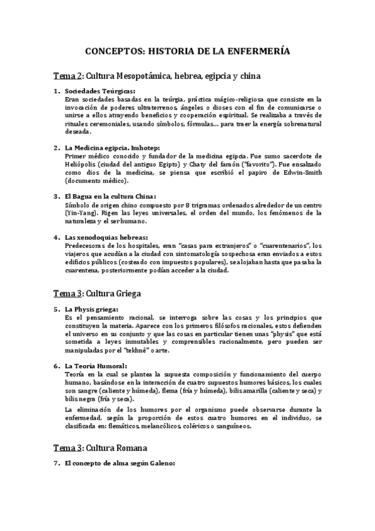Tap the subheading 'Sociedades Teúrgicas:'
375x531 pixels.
click(x=100, y=91)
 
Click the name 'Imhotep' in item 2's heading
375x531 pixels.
click(x=143, y=148)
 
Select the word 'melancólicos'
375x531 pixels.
click(x=191, y=426)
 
